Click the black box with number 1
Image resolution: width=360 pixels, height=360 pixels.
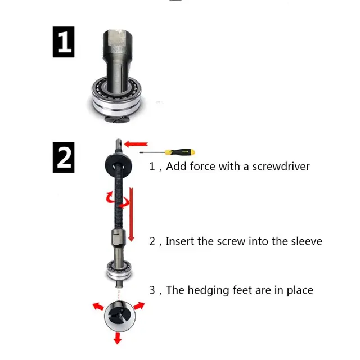pyautogui.click(x=64, y=42)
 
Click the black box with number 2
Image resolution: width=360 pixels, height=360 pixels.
pyautogui.click(x=64, y=157)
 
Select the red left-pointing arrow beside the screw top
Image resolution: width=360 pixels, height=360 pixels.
pyautogui.click(x=136, y=145)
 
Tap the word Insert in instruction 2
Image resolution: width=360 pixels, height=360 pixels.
pyautogui.click(x=180, y=241)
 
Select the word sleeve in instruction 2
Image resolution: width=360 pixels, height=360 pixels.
pyautogui.click(x=307, y=241)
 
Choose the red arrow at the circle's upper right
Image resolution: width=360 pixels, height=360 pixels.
pyautogui.click(x=138, y=306)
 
